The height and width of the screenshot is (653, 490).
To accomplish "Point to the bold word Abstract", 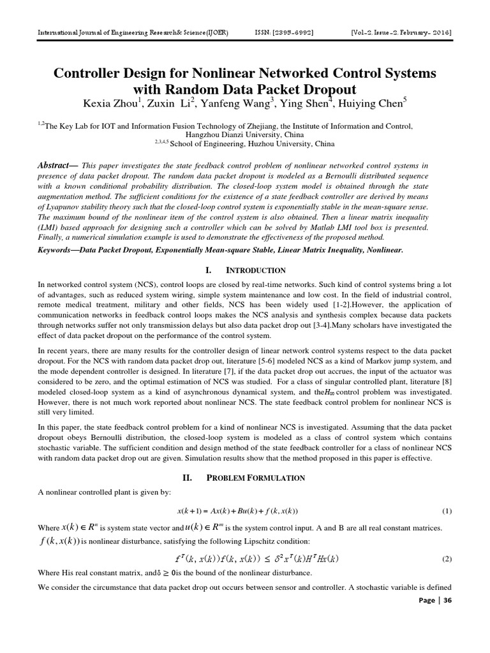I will (56, 165).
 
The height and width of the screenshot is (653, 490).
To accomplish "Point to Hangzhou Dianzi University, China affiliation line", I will (245, 135).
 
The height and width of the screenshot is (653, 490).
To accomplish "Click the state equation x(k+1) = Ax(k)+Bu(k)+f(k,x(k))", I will (237, 511).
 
